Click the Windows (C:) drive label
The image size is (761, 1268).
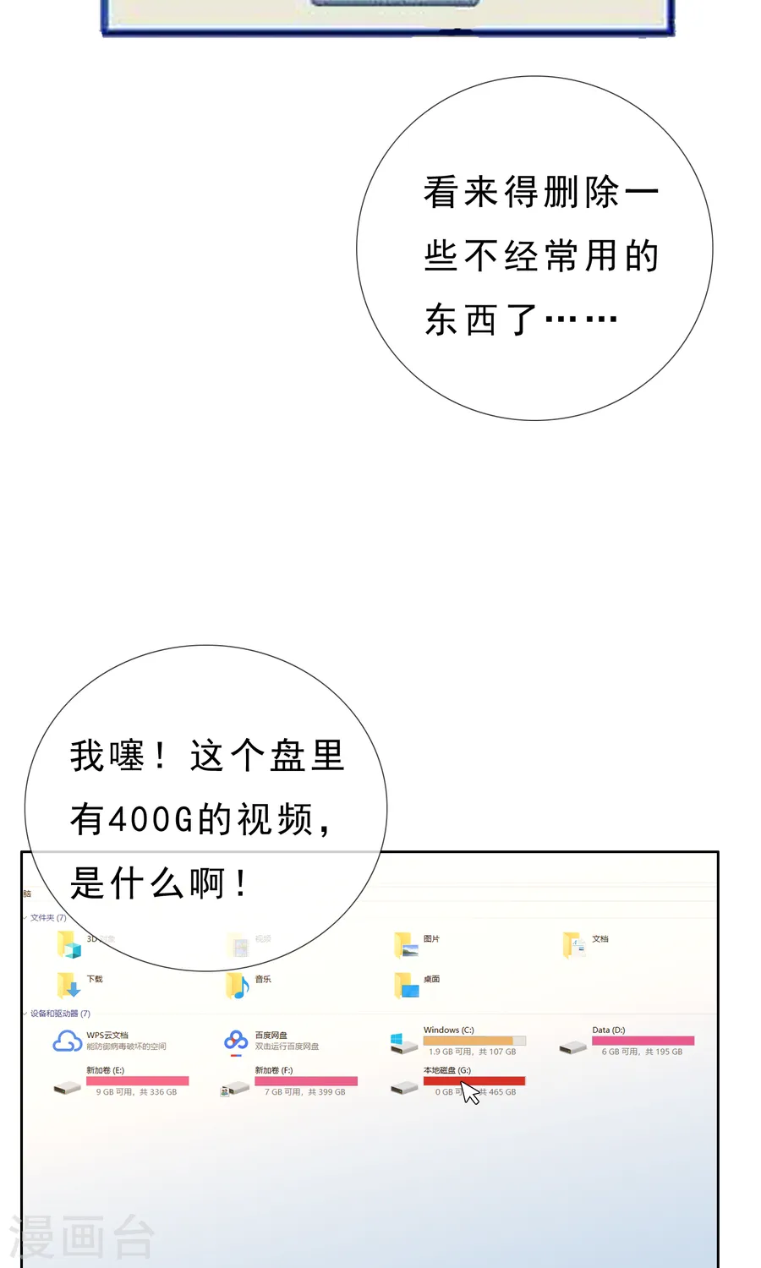click(x=448, y=1030)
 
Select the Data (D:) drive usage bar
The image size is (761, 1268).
click(x=643, y=1041)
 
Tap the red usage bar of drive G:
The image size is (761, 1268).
click(x=474, y=1080)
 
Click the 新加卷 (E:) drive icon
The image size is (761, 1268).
click(x=67, y=1087)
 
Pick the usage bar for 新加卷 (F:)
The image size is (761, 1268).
click(x=306, y=1081)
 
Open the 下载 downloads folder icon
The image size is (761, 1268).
click(x=68, y=984)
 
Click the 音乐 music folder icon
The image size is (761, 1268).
click(x=238, y=985)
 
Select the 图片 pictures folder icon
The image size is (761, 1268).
click(x=406, y=944)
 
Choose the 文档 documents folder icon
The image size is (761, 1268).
click(x=574, y=944)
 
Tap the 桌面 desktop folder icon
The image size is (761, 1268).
click(x=406, y=985)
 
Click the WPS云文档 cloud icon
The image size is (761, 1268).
click(x=68, y=1041)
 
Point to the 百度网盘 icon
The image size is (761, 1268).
click(x=236, y=1041)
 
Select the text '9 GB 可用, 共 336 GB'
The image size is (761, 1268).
click(x=136, y=1092)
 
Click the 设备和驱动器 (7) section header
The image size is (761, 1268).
click(x=60, y=1014)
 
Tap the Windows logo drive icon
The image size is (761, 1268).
click(x=402, y=1042)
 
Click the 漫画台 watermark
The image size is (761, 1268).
click(x=82, y=1237)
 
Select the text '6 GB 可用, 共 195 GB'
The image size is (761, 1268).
click(x=642, y=1052)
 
